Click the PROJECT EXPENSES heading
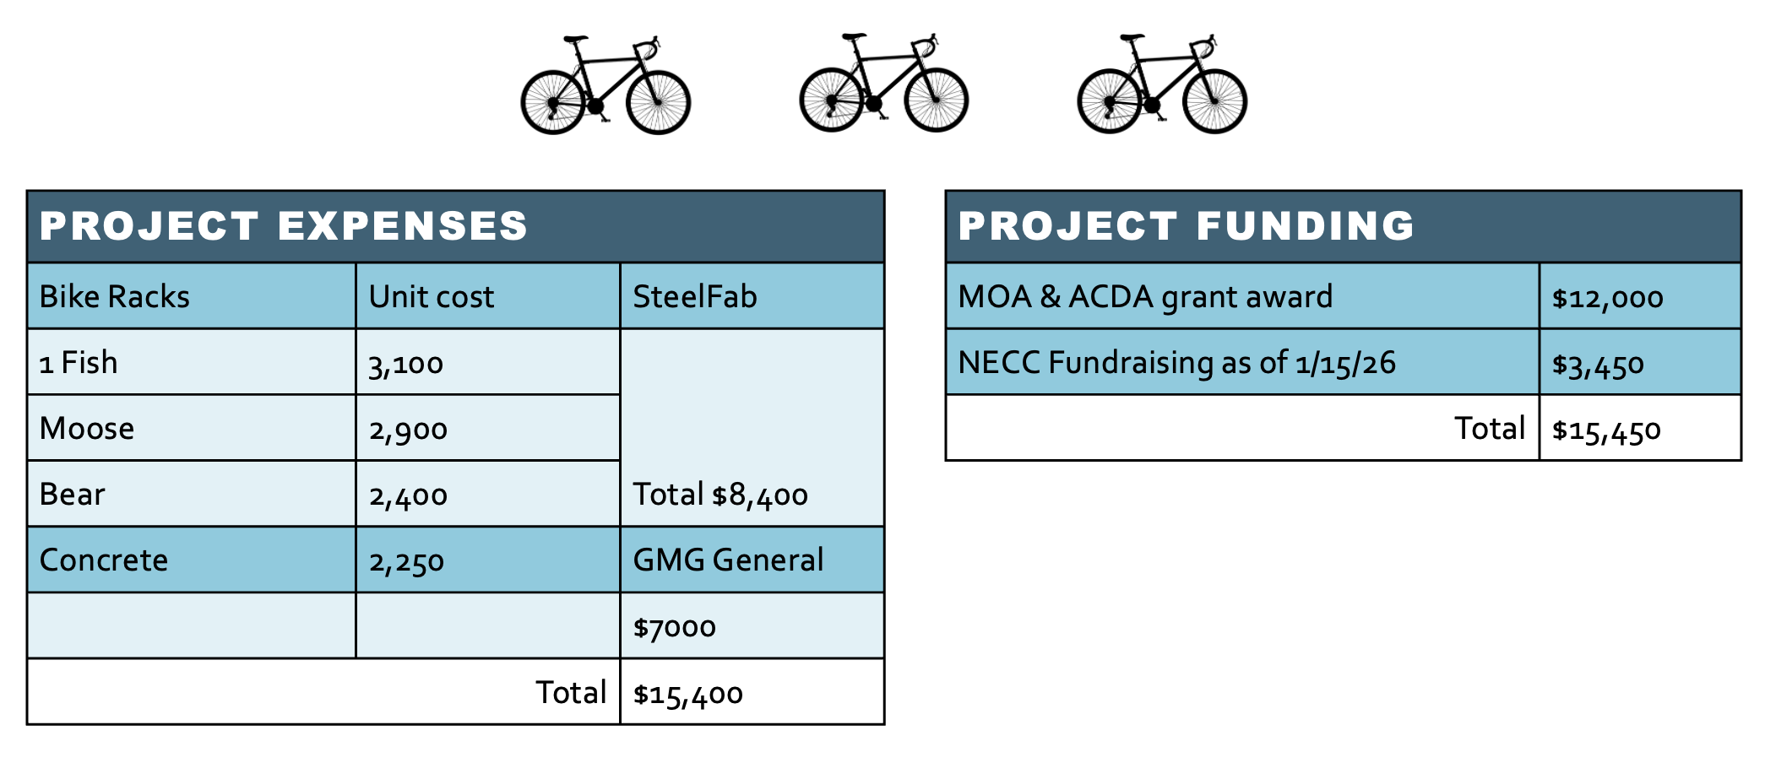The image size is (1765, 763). coord(284,226)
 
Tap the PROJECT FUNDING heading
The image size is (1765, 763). coord(1186,226)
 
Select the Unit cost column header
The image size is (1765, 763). coord(431,297)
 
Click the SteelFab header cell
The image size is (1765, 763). coord(694,297)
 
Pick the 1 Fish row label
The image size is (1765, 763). coord(79,363)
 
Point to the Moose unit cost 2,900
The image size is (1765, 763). coord(408,430)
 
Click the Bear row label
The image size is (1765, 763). coord(72,495)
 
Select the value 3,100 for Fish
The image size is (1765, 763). coord(405,364)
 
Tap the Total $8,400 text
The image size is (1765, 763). coord(720,495)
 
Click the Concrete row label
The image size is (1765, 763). coord(103,560)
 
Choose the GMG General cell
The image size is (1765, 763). coord(727,560)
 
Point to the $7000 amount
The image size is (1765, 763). coord(674,627)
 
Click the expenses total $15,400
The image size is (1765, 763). coord(687,694)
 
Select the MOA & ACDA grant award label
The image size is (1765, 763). coord(1144,297)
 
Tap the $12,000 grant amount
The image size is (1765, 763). coord(1607,298)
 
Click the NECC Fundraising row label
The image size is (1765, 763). coord(1176,363)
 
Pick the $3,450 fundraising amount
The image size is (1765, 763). coord(1598,365)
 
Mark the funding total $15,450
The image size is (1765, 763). coord(1606,430)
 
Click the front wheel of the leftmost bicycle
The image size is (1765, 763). coord(658,102)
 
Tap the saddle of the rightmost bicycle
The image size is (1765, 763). coord(1132,38)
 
